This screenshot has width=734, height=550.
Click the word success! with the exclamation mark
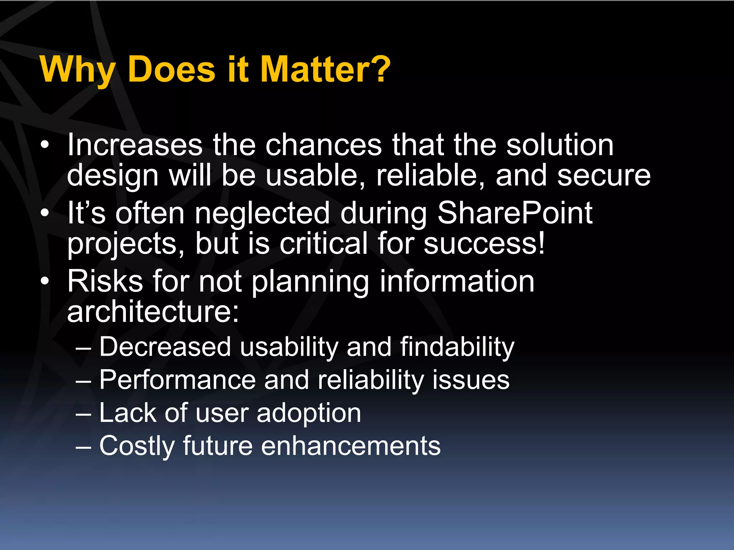tap(484, 243)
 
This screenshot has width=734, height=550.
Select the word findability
tap(457, 347)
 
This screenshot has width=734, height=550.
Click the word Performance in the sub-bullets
tap(177, 380)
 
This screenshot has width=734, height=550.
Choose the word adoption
tap(309, 413)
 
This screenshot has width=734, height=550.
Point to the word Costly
tap(137, 446)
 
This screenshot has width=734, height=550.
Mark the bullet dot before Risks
tap(44, 281)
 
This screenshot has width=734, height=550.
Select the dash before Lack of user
tap(84, 414)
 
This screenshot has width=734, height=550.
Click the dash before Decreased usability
tap(84, 348)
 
